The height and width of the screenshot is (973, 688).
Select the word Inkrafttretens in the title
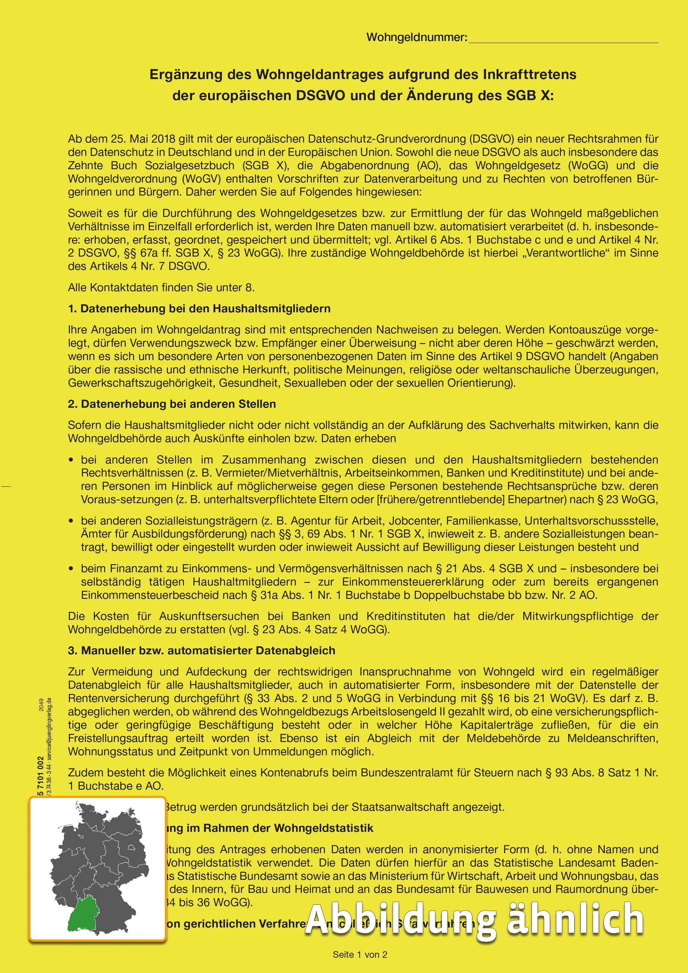[x=530, y=75]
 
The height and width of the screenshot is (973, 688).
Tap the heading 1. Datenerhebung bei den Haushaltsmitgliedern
[x=199, y=308]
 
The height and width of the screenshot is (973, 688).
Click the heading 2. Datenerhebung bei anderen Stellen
[x=172, y=404]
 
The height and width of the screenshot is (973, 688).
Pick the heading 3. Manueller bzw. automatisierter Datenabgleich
[x=201, y=650]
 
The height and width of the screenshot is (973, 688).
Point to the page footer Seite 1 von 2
[x=360, y=955]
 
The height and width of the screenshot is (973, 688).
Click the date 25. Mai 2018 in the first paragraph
[x=138, y=139]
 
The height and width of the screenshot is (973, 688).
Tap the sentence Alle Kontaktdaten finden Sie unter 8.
[x=161, y=288]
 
